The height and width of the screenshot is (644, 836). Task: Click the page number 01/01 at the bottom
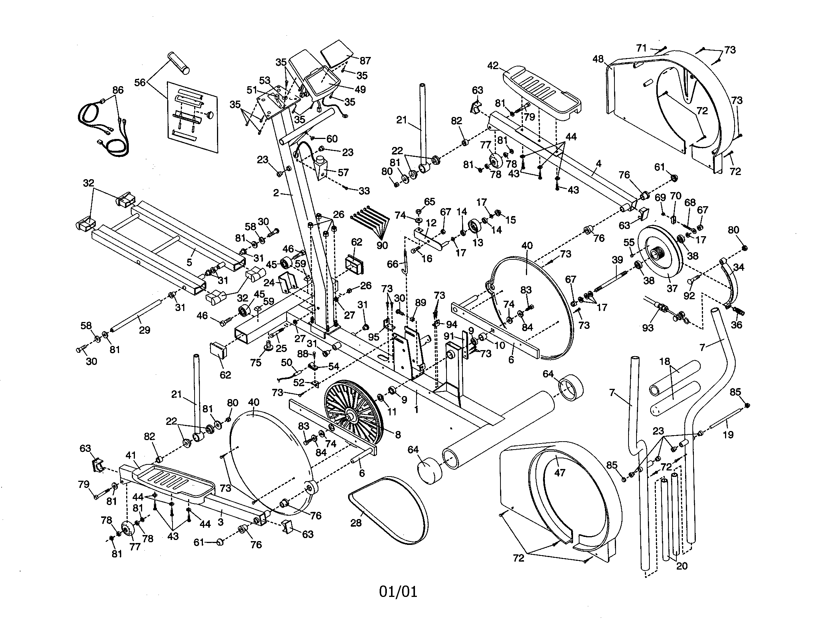[398, 592]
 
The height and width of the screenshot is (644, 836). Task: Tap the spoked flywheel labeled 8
[351, 415]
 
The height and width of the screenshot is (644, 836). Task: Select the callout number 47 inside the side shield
[560, 473]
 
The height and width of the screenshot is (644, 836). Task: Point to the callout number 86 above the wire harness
[118, 90]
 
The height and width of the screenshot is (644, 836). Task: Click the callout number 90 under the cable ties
[382, 245]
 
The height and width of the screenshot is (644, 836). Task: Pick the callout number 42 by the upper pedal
[493, 65]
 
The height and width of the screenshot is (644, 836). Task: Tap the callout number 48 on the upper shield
[598, 59]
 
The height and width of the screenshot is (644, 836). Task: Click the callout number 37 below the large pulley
[672, 288]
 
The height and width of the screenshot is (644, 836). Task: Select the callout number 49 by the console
[360, 89]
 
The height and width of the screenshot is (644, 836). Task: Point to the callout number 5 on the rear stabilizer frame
[189, 262]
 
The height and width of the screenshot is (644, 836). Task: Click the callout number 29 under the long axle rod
[144, 330]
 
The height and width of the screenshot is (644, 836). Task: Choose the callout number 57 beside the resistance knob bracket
[343, 172]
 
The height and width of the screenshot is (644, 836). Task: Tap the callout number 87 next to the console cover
[365, 61]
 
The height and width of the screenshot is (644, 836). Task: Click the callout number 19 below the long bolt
[728, 434]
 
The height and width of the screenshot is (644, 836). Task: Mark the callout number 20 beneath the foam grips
[682, 566]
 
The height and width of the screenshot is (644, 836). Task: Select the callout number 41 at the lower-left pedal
[131, 455]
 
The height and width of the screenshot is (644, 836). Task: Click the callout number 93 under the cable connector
[648, 327]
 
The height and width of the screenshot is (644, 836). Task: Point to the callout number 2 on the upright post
[276, 193]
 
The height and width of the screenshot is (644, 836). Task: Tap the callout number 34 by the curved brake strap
[738, 267]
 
